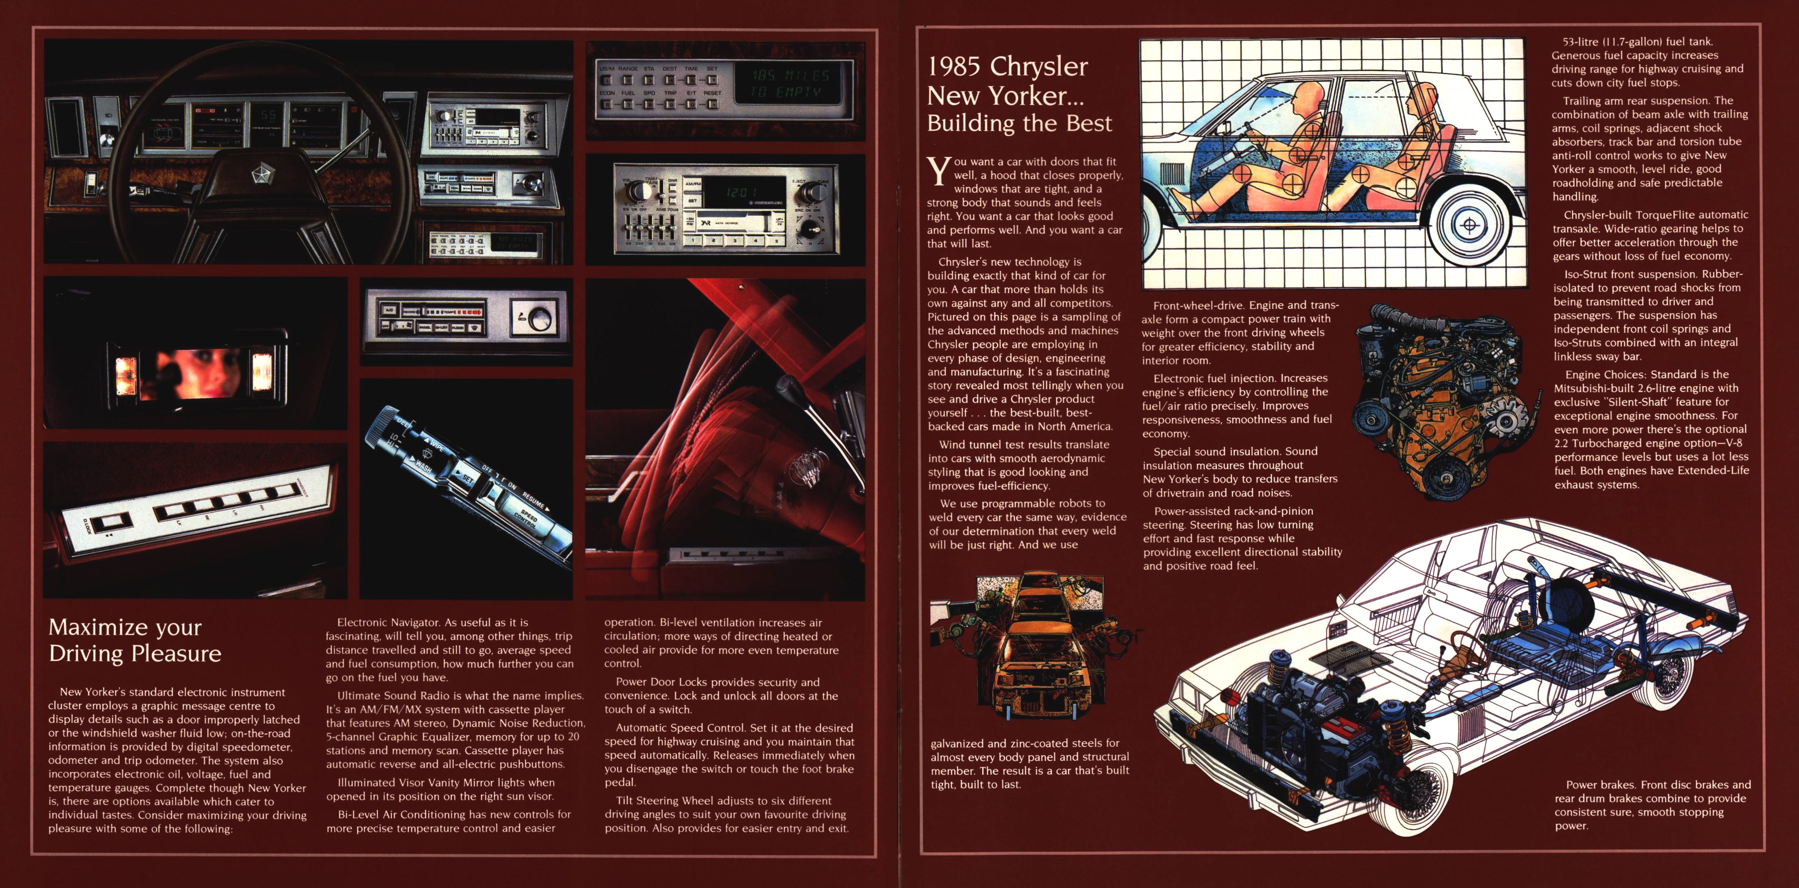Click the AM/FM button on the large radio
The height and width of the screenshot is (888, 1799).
pos(693,184)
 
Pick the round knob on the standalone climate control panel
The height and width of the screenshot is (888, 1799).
pos(539,319)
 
